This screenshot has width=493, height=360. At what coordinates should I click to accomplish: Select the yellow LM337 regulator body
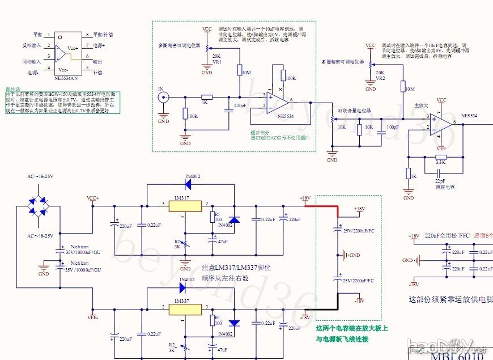click(x=186, y=310)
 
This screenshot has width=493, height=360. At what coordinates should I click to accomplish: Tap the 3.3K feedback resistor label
click(x=440, y=163)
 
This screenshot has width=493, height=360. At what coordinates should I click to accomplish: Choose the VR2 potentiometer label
click(x=380, y=79)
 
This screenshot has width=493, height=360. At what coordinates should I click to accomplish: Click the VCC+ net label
click(x=93, y=198)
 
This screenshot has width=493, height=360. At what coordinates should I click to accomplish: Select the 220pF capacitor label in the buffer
click(x=240, y=105)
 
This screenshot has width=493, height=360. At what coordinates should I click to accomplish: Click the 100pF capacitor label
click(x=392, y=127)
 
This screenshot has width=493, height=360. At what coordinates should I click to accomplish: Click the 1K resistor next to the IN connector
click(x=206, y=97)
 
